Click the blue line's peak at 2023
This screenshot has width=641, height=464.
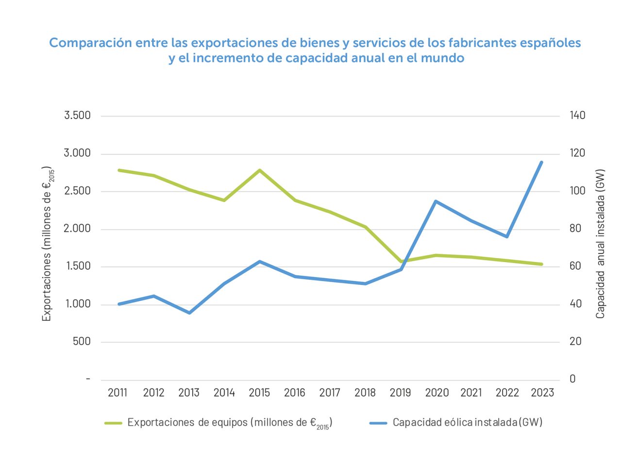(x=541, y=162)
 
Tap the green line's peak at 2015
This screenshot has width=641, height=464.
(x=260, y=170)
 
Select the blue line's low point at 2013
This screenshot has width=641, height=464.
(x=189, y=313)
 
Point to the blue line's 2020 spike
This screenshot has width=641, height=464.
(x=436, y=201)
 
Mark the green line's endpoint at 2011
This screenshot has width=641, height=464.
(x=119, y=170)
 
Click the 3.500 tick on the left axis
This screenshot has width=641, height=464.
(x=77, y=116)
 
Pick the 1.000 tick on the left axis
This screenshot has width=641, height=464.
(x=77, y=304)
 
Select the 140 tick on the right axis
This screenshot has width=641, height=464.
(x=577, y=116)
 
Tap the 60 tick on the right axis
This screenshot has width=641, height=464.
(x=575, y=266)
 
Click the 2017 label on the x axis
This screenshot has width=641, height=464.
(x=330, y=393)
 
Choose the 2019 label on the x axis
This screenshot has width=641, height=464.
(x=400, y=393)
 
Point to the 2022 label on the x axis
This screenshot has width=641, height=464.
(x=507, y=393)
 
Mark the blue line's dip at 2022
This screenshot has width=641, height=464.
(x=506, y=236)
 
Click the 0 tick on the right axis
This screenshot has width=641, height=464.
(x=573, y=379)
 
